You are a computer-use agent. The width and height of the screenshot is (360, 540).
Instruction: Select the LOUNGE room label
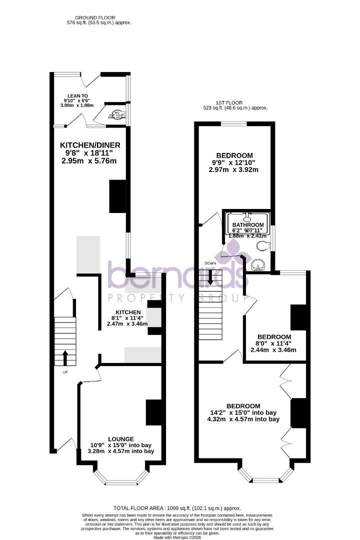pos(120,438)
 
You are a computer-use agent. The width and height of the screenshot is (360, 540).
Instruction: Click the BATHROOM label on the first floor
pos(248,225)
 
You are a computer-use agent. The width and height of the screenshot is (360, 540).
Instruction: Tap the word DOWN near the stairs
pos(209,263)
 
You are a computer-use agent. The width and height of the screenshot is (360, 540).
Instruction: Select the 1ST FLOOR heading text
pos(235,102)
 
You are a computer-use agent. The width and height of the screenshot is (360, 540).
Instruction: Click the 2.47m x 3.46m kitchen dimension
pos(127,324)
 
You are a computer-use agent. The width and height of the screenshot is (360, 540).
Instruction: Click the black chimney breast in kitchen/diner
pos(117,196)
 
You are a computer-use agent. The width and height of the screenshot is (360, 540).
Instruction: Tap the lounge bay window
pos(121,478)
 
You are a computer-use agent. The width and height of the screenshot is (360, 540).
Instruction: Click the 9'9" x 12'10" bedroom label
pos(234,162)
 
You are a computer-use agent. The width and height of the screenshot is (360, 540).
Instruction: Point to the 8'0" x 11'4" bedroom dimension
pos(273,343)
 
